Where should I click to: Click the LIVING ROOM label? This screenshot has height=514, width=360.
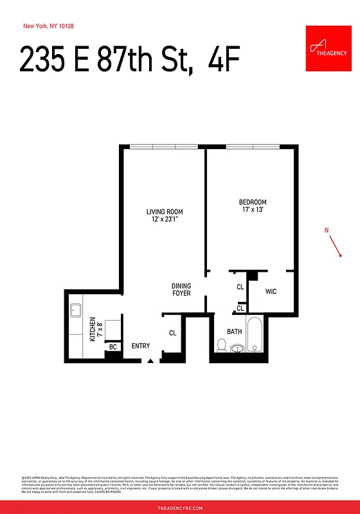[x=165, y=211]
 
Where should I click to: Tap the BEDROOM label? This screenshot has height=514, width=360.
[x=253, y=202]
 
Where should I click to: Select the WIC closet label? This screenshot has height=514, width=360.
[x=271, y=292]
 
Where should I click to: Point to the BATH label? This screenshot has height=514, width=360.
[x=234, y=332]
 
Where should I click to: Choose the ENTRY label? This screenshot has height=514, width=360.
[x=141, y=346]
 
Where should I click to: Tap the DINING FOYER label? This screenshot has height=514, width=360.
[x=181, y=290]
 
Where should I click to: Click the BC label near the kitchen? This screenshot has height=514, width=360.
[x=113, y=347]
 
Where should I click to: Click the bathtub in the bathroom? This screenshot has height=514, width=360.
[x=255, y=335]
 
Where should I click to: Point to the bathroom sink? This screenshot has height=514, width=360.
[x=239, y=349]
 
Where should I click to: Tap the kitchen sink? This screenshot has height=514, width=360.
[x=75, y=310]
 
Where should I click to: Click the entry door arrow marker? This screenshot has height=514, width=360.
[x=150, y=361]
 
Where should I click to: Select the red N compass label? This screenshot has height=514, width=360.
[x=327, y=230]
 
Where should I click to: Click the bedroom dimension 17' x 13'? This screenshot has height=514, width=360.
[x=253, y=209]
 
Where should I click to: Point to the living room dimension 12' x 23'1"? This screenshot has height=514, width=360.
[x=165, y=220]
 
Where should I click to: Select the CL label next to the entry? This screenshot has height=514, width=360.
[x=172, y=333]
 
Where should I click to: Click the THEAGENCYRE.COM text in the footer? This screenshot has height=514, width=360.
[x=180, y=508]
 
